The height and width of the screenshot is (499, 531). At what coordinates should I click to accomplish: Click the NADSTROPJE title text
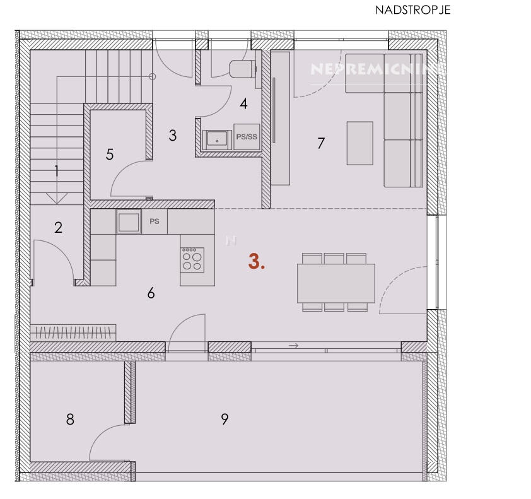click(413, 10)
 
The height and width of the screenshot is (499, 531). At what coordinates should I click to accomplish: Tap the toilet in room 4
click(242, 69)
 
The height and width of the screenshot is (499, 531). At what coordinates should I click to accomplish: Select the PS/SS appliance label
click(247, 137)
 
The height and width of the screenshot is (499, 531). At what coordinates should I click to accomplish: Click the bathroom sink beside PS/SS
click(217, 139)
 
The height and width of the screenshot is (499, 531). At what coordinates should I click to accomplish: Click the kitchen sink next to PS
click(129, 221)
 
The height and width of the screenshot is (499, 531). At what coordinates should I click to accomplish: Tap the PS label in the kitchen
click(155, 221)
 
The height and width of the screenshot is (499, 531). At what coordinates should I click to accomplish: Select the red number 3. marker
click(257, 262)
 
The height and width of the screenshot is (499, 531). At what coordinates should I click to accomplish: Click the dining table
click(336, 283)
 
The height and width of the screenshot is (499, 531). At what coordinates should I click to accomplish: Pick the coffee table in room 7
click(359, 143)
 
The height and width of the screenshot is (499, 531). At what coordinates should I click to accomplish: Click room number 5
click(110, 155)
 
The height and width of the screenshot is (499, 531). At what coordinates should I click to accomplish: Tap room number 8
click(70, 420)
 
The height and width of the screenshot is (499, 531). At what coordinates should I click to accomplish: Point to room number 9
click(225, 419)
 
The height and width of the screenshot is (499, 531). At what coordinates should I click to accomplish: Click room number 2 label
click(58, 228)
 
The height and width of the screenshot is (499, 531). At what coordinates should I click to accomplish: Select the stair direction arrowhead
click(57, 199)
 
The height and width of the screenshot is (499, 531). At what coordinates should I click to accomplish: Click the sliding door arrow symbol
click(293, 346)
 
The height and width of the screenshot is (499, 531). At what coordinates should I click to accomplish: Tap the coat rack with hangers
click(73, 332)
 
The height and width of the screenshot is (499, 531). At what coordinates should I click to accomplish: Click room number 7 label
click(321, 143)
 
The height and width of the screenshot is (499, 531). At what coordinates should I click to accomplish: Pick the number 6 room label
click(151, 293)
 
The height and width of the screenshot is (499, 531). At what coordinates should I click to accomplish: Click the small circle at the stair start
click(153, 76)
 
